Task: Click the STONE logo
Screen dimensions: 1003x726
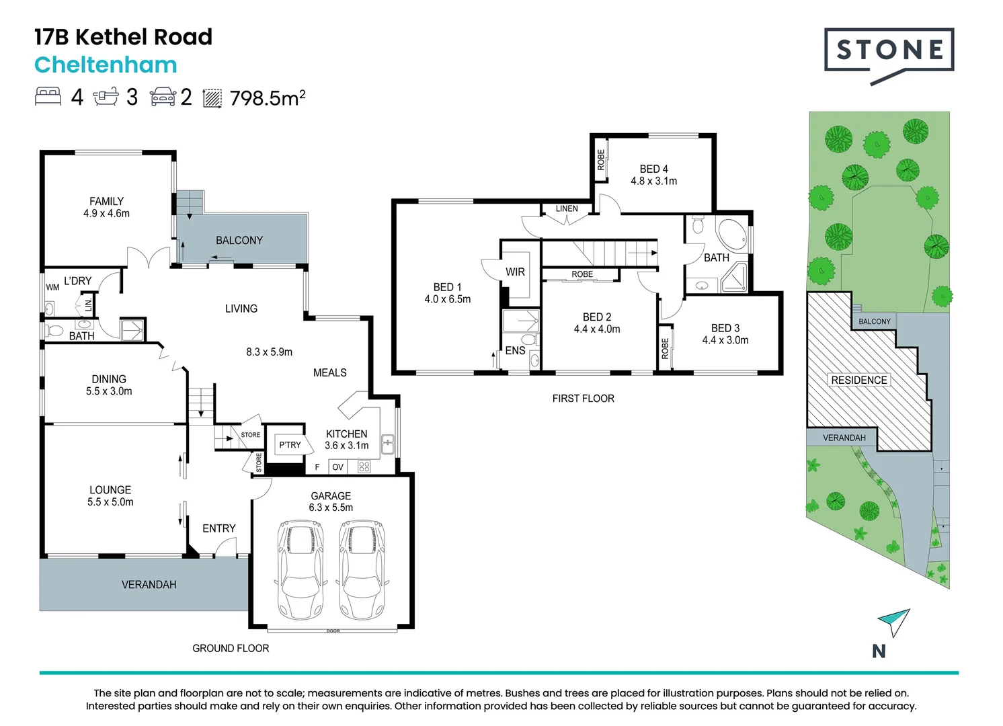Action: [889, 56]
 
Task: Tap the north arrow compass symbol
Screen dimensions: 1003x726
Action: [893, 622]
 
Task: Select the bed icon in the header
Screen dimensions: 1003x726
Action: [48, 97]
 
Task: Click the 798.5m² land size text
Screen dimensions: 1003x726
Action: [268, 97]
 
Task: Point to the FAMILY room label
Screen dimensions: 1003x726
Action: [107, 202]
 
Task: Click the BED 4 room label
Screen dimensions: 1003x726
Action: [653, 169]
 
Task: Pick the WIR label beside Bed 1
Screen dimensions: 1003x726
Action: [515, 272]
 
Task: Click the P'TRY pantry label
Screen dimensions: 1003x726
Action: [290, 445]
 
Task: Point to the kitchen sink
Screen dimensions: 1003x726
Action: [388, 445]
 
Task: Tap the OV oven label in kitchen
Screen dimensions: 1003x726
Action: [338, 467]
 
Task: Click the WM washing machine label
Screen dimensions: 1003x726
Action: [52, 288]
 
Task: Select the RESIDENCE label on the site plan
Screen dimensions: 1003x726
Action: [859, 380]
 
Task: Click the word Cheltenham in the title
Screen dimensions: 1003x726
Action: [106, 65]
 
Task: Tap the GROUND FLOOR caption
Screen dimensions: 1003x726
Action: [231, 648]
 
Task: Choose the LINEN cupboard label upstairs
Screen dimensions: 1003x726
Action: [567, 208]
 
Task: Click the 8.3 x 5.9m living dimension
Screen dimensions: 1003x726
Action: [269, 352]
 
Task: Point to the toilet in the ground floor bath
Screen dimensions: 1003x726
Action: [54, 331]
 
